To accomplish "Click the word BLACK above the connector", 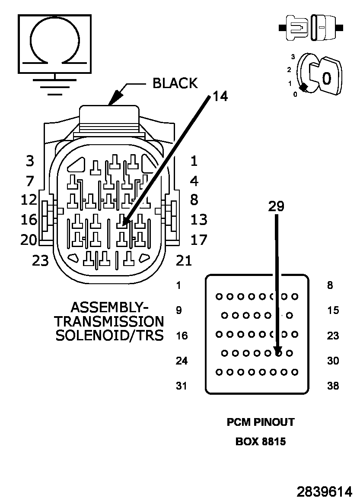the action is click(x=175, y=83).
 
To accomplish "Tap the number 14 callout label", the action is click(x=220, y=96).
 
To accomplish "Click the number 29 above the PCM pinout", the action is click(x=276, y=206).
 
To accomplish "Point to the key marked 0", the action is click(x=325, y=76).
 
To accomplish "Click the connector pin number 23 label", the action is click(x=40, y=261).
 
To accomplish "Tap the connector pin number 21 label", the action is click(x=184, y=261).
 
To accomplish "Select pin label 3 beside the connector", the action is click(x=30, y=161).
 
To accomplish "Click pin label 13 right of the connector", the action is click(x=199, y=220).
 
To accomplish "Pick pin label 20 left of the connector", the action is click(x=29, y=240).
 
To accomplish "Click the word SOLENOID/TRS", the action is click(x=110, y=336).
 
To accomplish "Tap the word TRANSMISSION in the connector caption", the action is click(x=109, y=322).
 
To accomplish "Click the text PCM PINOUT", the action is click(x=261, y=422).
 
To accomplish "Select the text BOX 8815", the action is click(x=261, y=442).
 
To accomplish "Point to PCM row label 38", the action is click(x=333, y=386).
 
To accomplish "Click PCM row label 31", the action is click(x=182, y=386).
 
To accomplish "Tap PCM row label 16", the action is click(x=182, y=336).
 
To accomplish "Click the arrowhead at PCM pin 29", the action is click(x=279, y=351).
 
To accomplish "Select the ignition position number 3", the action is click(x=293, y=57).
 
